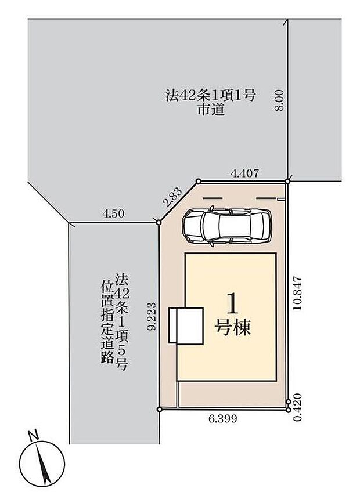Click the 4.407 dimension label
point(244,172)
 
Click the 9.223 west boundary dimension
point(152,316)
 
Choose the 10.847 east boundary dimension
point(298,294)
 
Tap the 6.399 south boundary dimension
point(222,418)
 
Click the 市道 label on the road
point(210,110)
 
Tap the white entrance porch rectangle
point(182,325)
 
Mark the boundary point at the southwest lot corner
point(160,410)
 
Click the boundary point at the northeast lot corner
point(287,181)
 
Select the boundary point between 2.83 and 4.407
point(198,181)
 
